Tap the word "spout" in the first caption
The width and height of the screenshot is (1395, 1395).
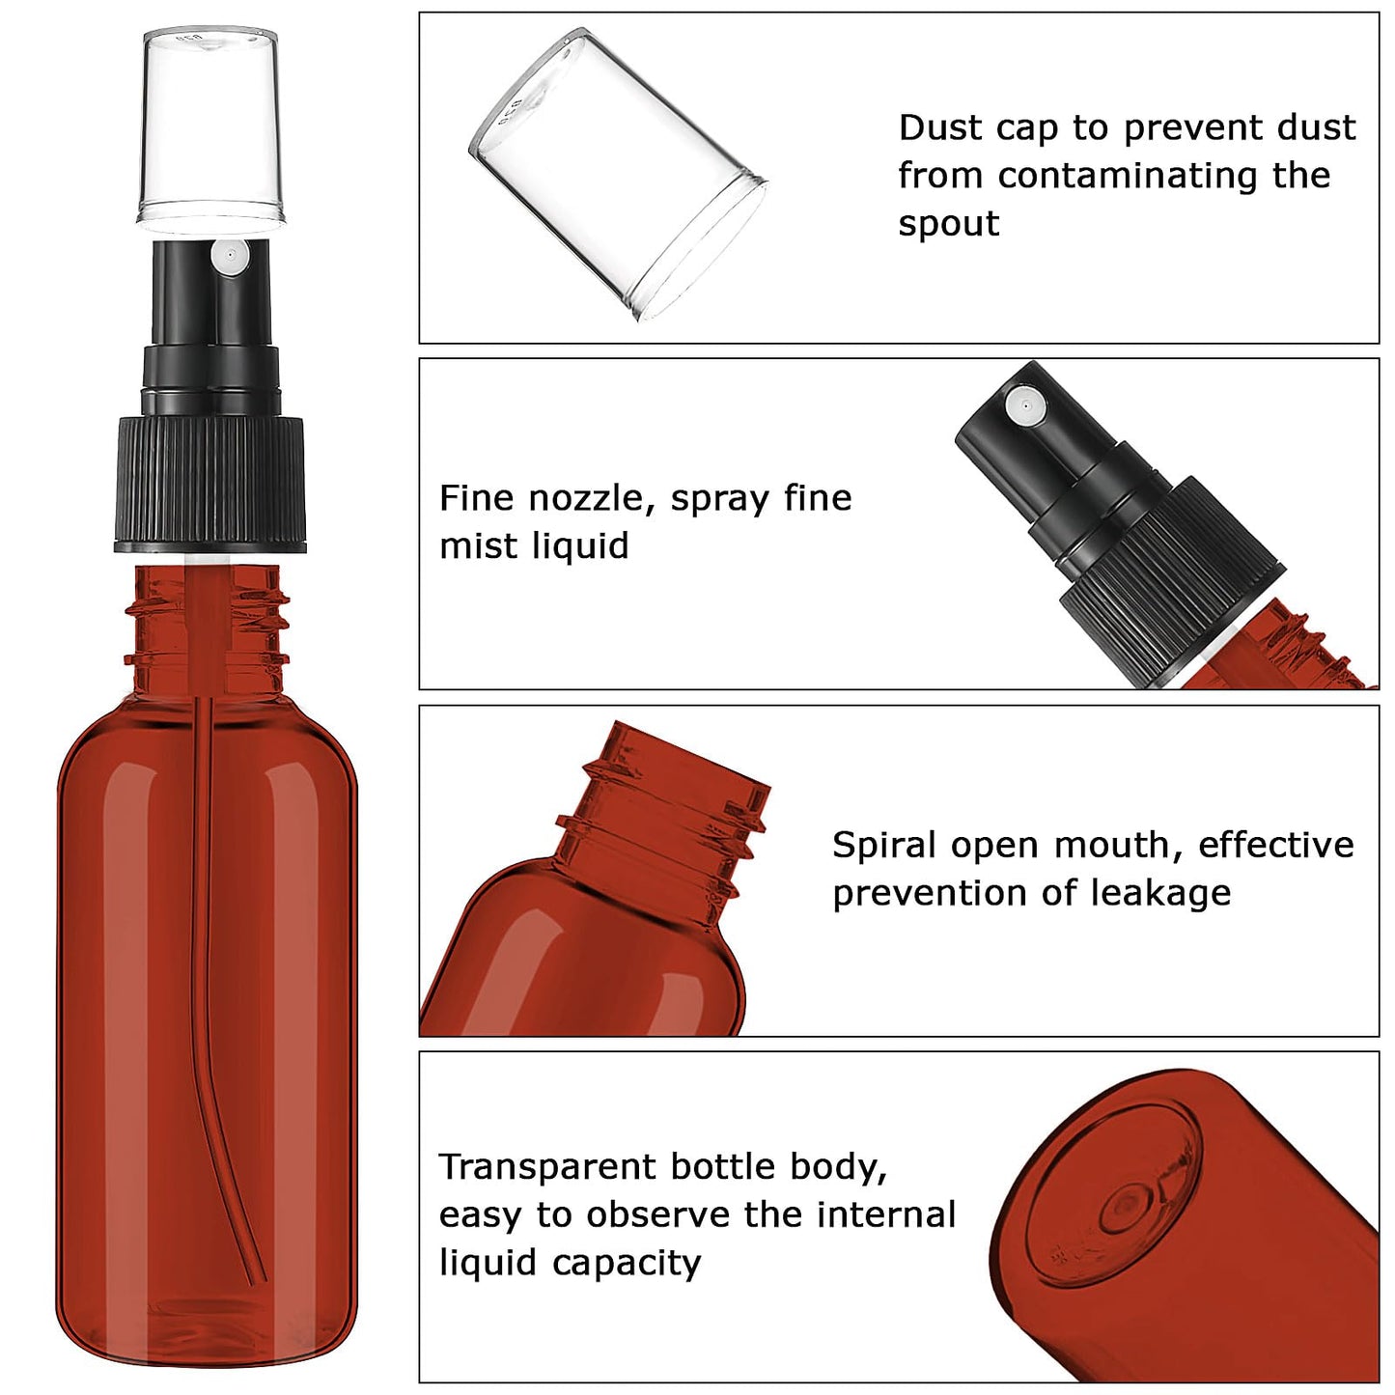[x=948, y=224]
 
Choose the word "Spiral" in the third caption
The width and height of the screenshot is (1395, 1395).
[x=885, y=845]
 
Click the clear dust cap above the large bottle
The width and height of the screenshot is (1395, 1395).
[x=211, y=126]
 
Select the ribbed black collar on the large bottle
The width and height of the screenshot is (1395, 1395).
[x=210, y=485]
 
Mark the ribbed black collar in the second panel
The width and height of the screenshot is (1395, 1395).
[x=1173, y=565]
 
